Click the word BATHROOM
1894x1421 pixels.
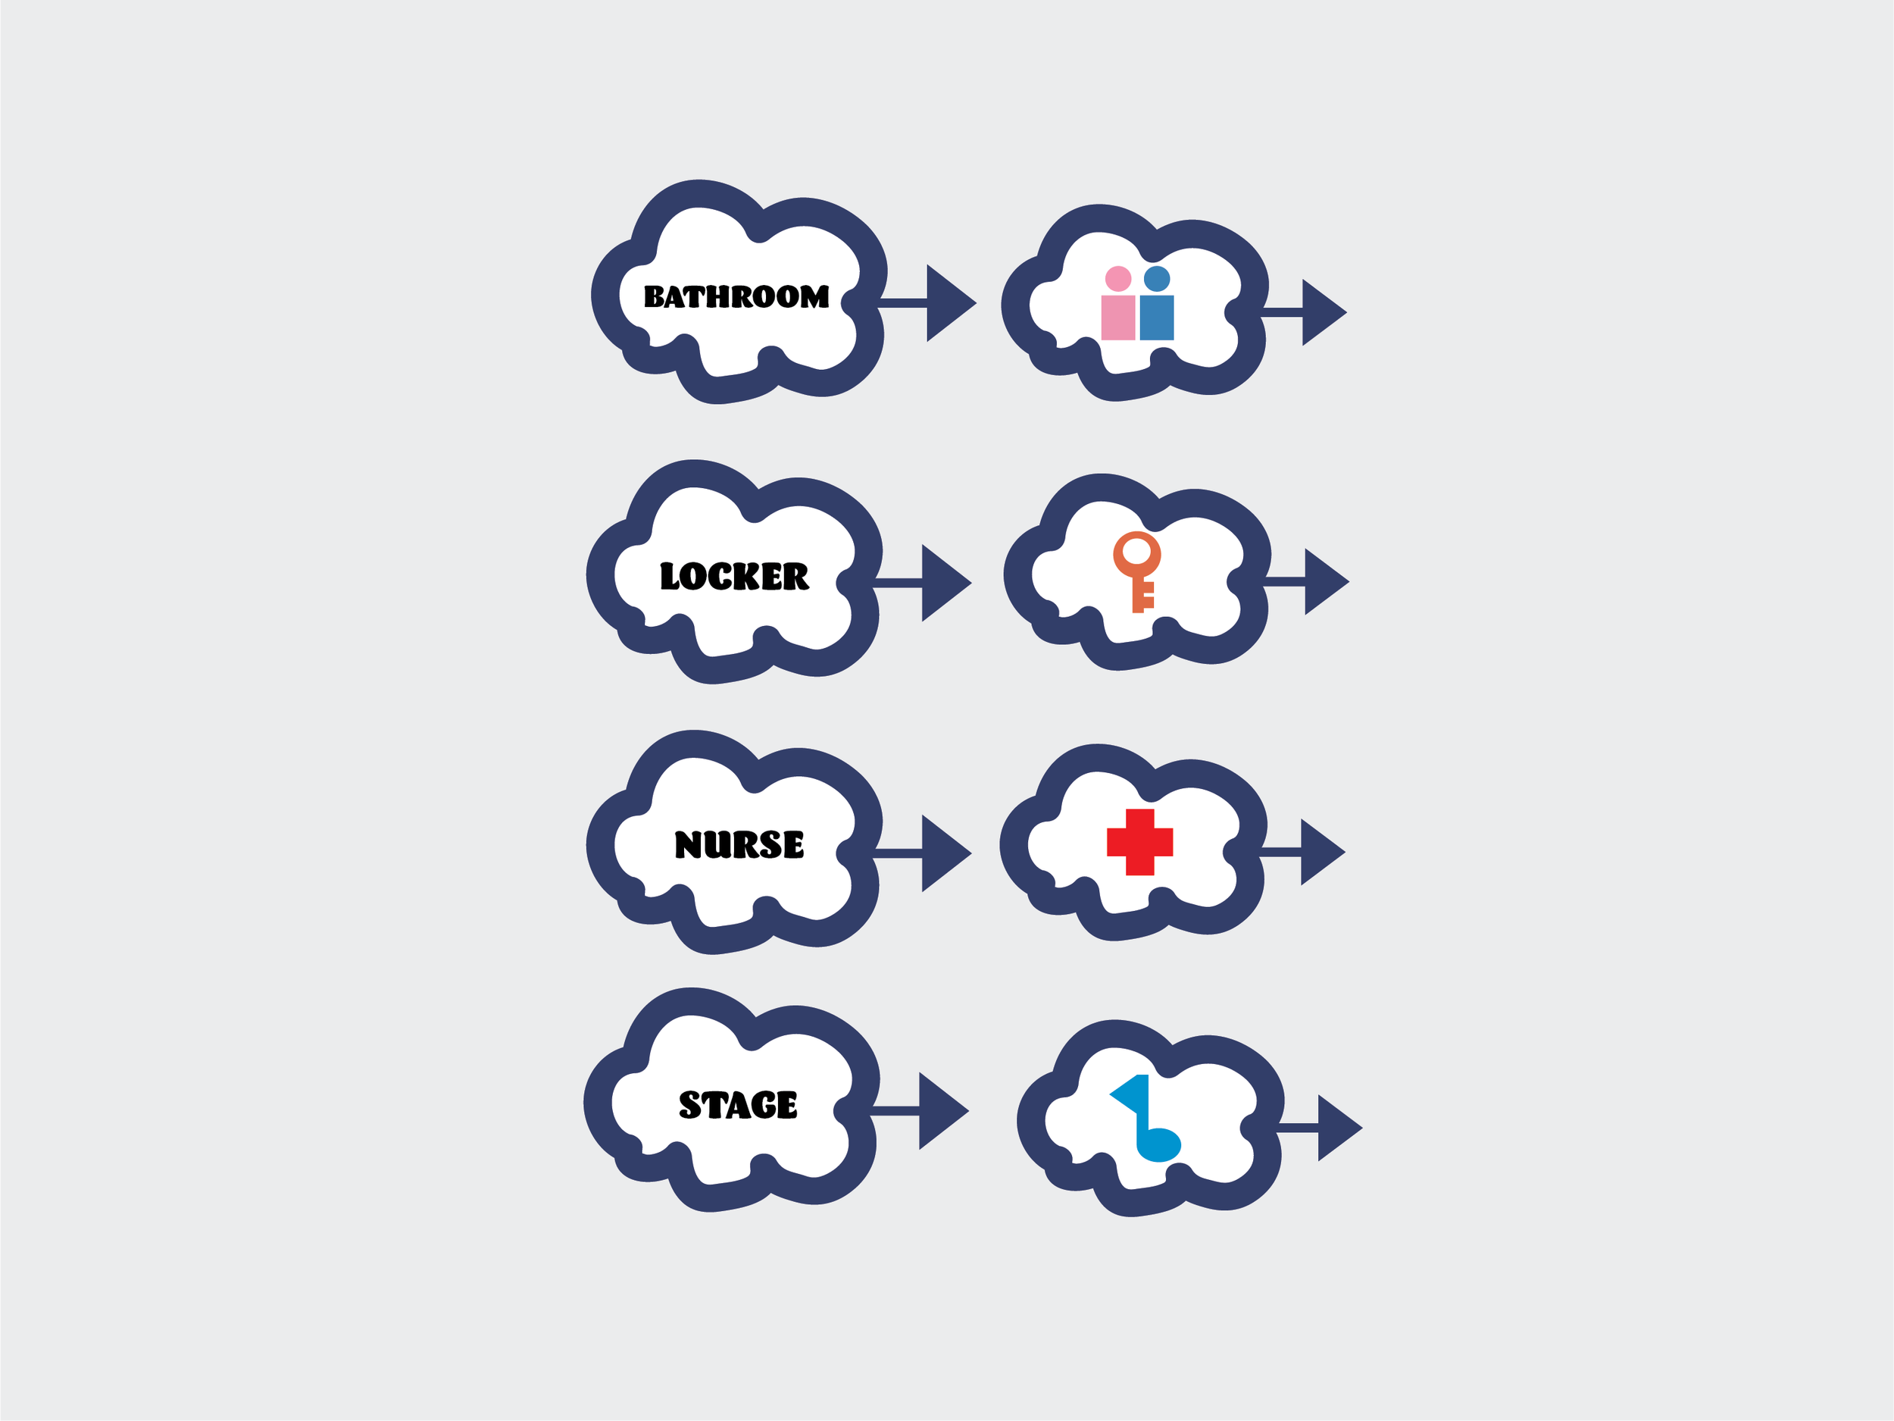[736, 296]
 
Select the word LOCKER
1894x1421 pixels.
[734, 577]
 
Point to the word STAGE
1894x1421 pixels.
[737, 1105]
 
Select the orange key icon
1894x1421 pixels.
[1136, 571]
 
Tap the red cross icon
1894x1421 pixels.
[1139, 842]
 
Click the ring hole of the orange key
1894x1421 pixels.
[1136, 552]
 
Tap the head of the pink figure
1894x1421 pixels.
[1118, 278]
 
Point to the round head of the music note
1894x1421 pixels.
[1159, 1144]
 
